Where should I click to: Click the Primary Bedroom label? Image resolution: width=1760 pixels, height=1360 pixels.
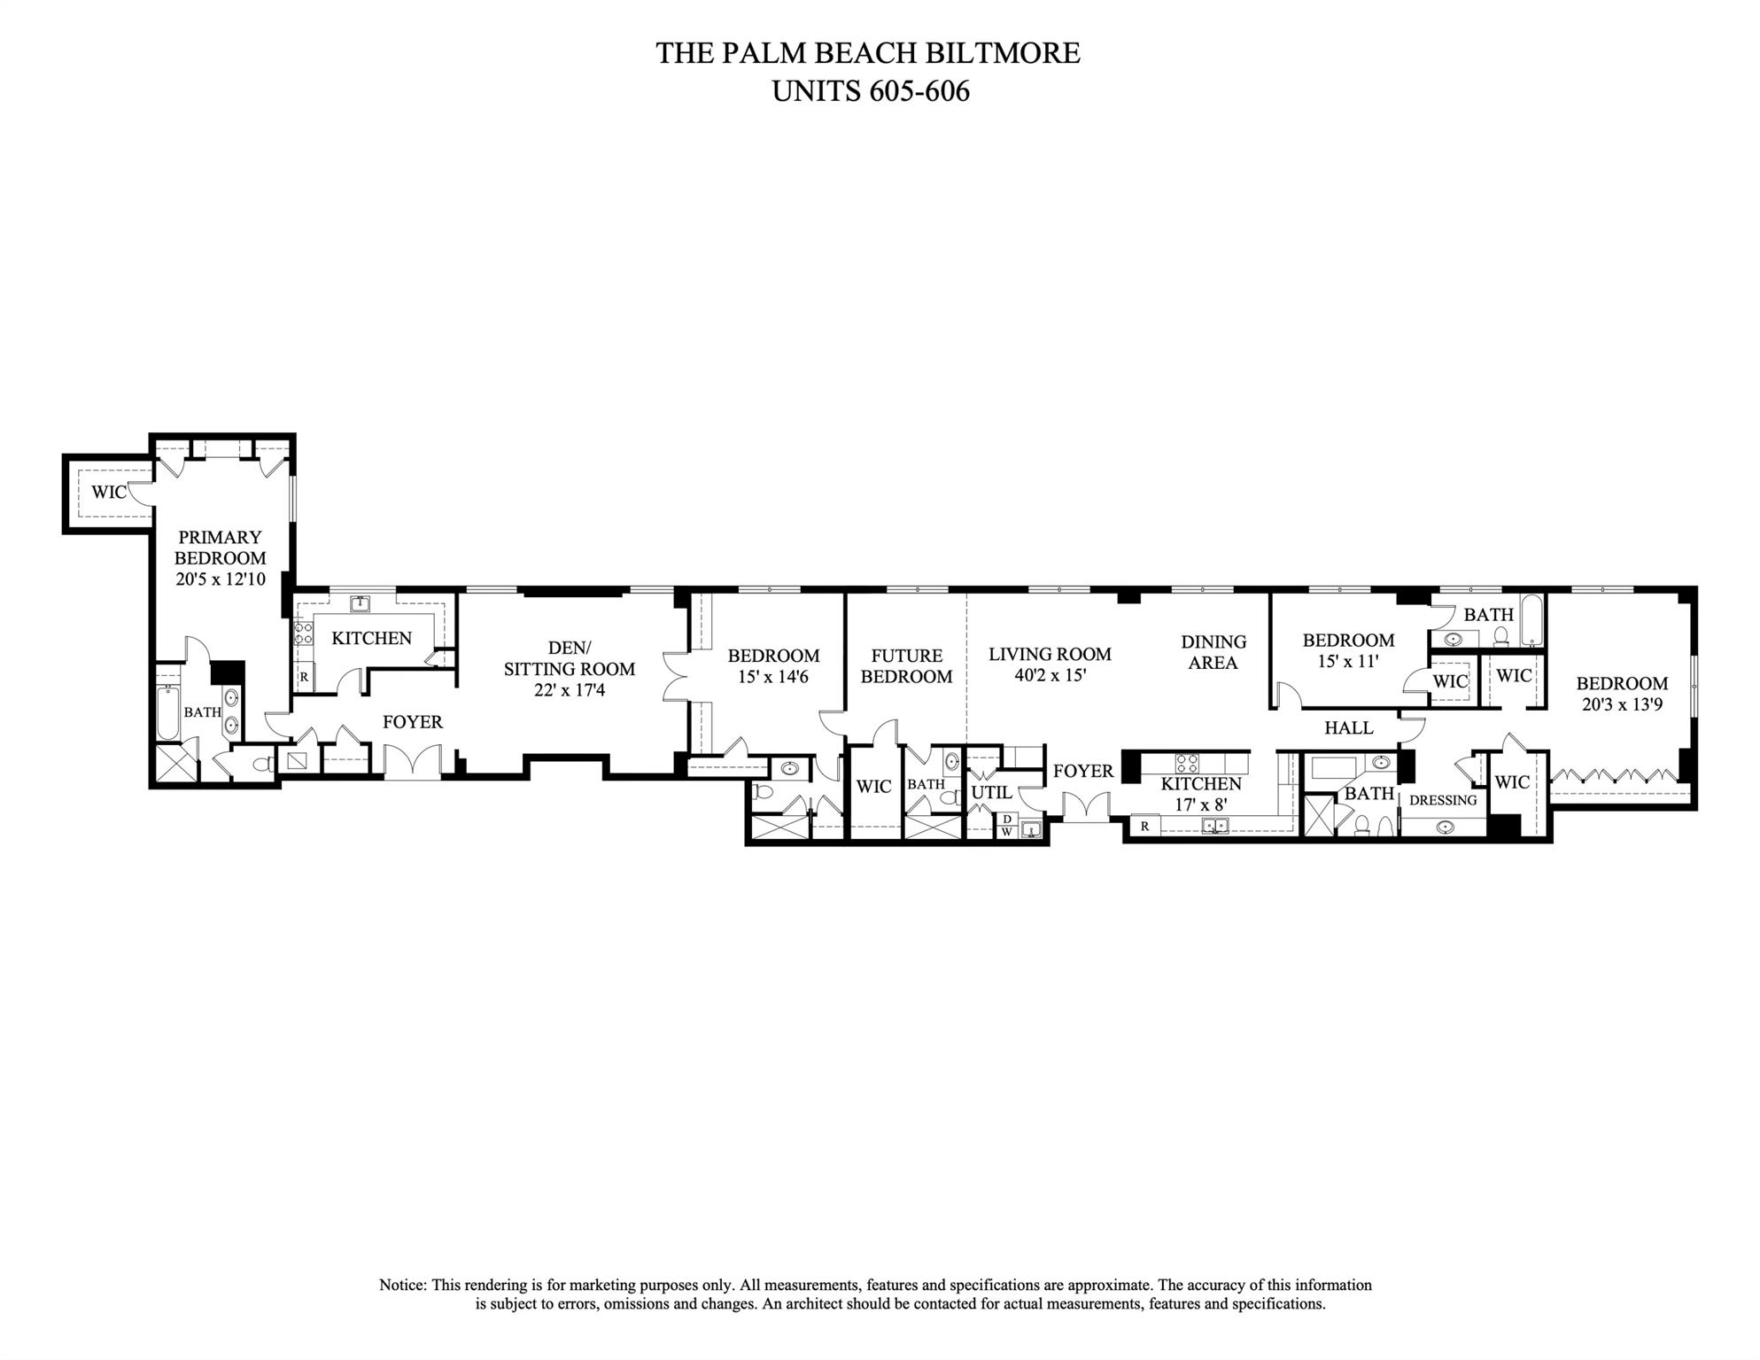coord(220,548)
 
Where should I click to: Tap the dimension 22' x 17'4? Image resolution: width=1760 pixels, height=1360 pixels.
coord(570,690)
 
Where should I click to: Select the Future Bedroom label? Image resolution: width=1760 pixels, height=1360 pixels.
coord(906,666)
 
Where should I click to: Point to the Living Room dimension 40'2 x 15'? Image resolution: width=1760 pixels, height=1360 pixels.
coord(1050,675)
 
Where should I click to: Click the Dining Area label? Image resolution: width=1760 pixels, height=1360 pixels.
coord(1213,652)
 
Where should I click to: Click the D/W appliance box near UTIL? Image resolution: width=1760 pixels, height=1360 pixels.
coord(1007,826)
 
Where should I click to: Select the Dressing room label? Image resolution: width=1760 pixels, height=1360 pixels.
coord(1443,800)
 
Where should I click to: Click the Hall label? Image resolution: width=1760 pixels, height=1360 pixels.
coord(1348,728)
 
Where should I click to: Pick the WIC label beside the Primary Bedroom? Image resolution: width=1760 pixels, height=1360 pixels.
coord(108,493)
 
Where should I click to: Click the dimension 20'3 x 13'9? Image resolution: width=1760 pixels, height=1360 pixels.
coord(1622,705)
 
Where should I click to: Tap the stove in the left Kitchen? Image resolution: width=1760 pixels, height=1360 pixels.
coord(303,633)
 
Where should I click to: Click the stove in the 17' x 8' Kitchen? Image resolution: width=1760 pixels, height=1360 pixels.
coord(1187,763)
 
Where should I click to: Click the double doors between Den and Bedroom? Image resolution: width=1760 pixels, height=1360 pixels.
coord(677,678)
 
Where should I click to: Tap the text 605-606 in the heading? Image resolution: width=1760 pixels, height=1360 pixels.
coord(919,91)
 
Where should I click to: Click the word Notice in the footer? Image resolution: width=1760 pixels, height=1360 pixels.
coord(403,1285)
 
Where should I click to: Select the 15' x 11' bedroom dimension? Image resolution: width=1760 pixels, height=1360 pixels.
coord(1346,662)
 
